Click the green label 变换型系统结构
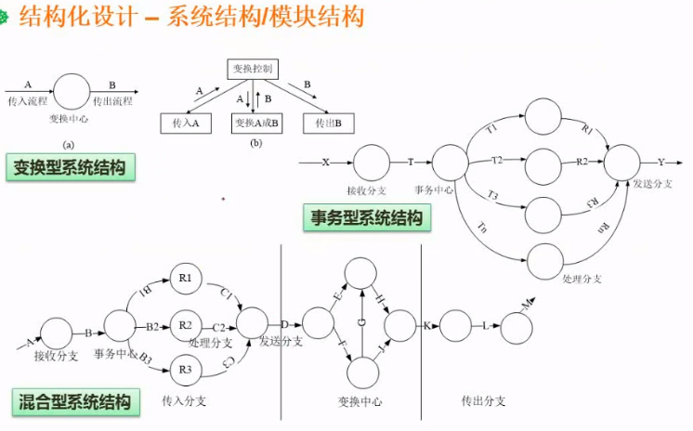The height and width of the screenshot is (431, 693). (70, 167)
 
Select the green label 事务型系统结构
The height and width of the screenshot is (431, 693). (367, 218)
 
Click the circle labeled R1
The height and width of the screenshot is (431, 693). (185, 278)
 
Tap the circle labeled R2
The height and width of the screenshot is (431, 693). (185, 325)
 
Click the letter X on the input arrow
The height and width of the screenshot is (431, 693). (325, 163)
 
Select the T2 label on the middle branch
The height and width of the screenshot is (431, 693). (497, 161)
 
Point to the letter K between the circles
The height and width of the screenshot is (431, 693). (427, 326)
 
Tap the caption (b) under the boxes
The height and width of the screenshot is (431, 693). (255, 144)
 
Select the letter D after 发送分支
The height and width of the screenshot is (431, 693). (285, 325)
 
